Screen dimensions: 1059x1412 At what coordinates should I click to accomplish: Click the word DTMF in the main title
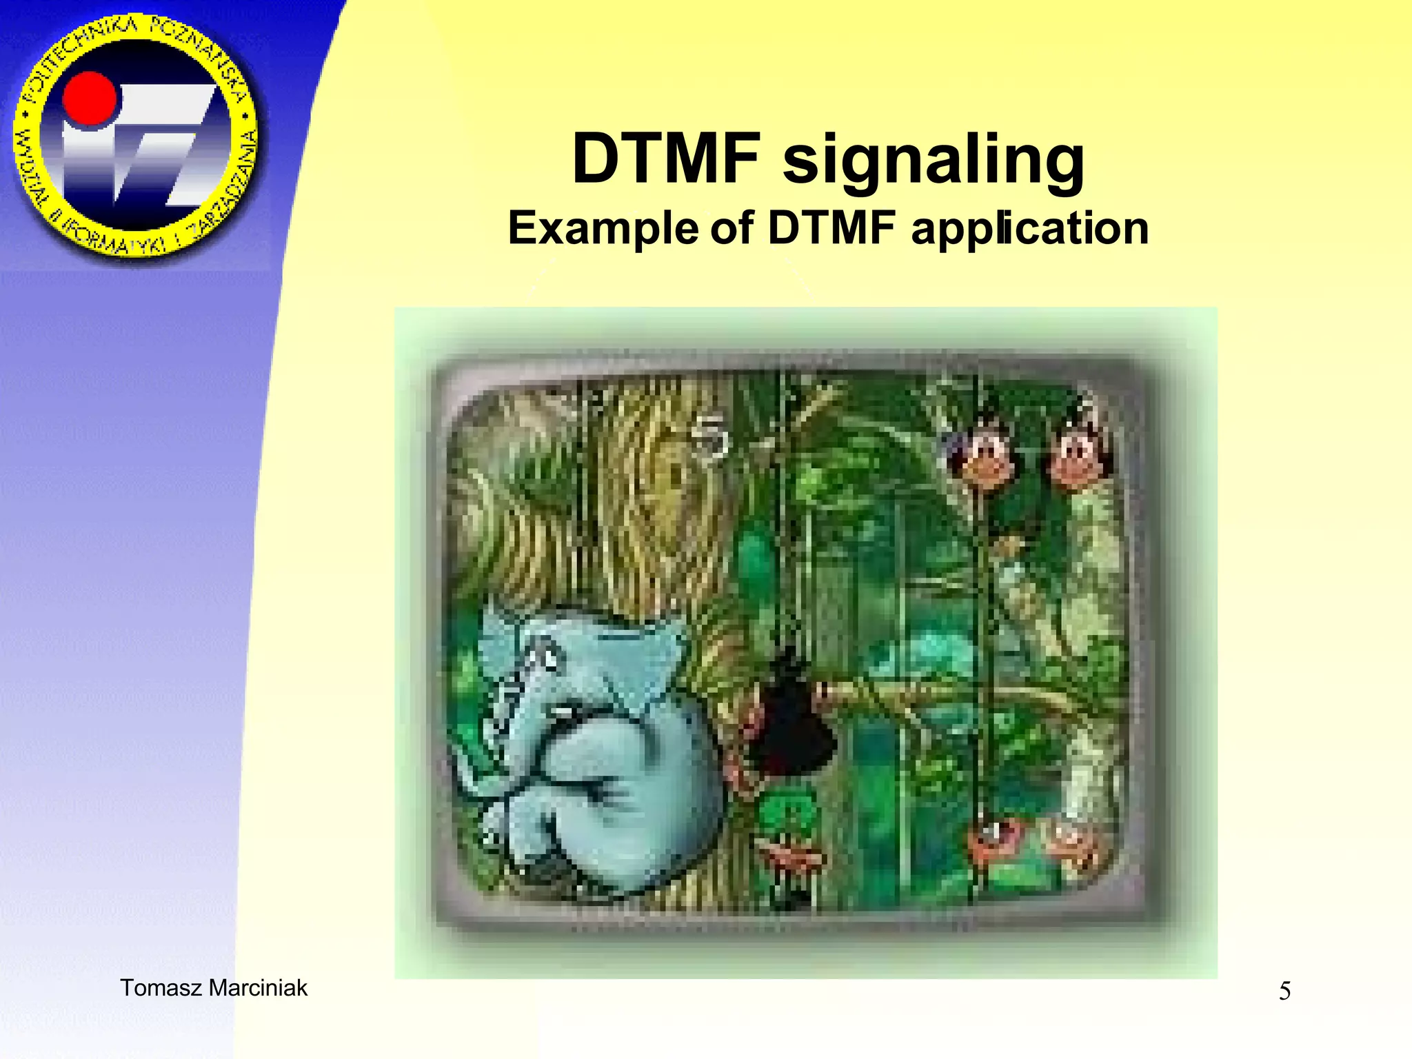coord(666,159)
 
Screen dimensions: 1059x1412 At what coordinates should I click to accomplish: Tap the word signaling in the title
coord(934,161)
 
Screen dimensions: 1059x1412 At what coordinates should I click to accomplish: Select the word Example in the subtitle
coord(603,228)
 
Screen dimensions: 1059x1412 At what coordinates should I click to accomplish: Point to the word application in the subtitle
coord(1029,228)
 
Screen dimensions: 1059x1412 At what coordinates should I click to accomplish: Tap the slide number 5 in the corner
coord(1284,991)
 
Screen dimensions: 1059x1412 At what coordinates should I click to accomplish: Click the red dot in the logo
coord(90,99)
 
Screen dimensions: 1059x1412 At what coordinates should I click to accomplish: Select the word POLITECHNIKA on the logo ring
coord(76,55)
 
